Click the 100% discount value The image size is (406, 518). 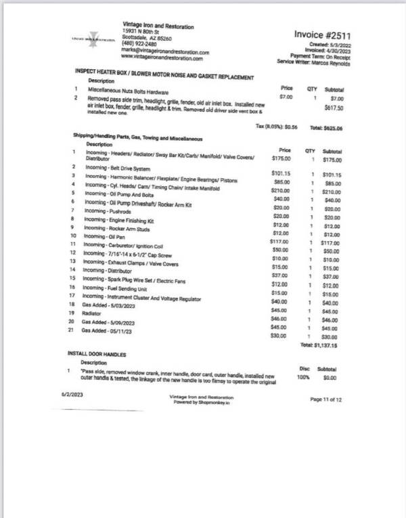302,376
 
